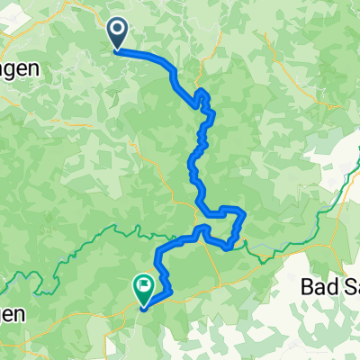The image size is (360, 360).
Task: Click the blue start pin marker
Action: [118, 35]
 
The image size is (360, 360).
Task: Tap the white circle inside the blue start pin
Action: [118, 31]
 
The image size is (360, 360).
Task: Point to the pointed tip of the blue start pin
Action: [118, 50]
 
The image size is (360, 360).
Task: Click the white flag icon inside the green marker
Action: [144, 286]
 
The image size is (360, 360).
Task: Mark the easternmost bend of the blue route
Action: [244, 216]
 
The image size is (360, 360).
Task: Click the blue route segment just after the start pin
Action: [144, 54]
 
